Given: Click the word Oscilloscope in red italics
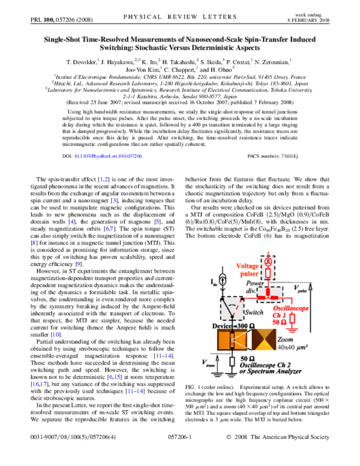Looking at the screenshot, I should coord(291,308).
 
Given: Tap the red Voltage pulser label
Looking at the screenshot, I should coord(248,270).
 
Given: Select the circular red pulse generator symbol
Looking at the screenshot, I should coord(268,262).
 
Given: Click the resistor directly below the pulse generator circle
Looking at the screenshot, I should coord(268,273).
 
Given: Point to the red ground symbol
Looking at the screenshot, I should coord(292,330).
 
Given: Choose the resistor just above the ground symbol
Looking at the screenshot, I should coord(292,318).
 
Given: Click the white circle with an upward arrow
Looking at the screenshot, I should coord(223,280).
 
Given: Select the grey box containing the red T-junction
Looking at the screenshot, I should coord(270,294).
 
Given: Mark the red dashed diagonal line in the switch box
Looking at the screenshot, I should coord(238,305).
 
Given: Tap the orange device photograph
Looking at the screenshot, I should coord(232,340).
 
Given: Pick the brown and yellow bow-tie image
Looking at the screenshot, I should coord(264,339).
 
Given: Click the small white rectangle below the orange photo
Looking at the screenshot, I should coord(232,362).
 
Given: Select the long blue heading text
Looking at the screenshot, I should coord(108,156).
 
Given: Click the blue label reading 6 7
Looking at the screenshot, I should coord(109,229).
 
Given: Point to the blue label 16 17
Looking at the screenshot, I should coord(40,384).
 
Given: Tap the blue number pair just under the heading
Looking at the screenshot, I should coord(104,180).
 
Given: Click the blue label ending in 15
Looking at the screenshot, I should coord(115,377).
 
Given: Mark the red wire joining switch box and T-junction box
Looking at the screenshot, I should coord(250,298).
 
